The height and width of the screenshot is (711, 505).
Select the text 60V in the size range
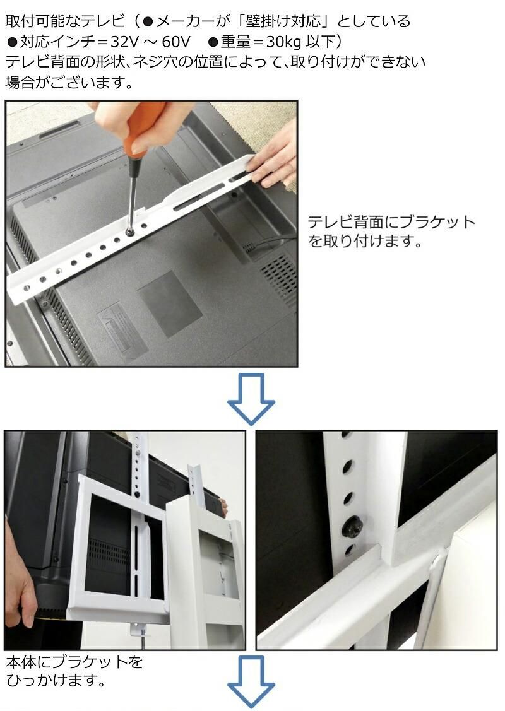(x=176, y=42)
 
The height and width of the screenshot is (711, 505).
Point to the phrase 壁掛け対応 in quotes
(x=282, y=21)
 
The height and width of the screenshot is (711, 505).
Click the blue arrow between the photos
(x=251, y=398)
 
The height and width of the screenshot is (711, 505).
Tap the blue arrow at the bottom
(x=251, y=681)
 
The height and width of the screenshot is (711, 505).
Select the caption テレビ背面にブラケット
(x=391, y=222)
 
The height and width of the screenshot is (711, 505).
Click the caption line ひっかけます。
(x=56, y=680)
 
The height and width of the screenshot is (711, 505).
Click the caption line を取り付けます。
(x=365, y=241)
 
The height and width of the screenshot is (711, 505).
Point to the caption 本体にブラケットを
(x=74, y=662)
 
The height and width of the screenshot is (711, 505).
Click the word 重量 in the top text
(x=236, y=42)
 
